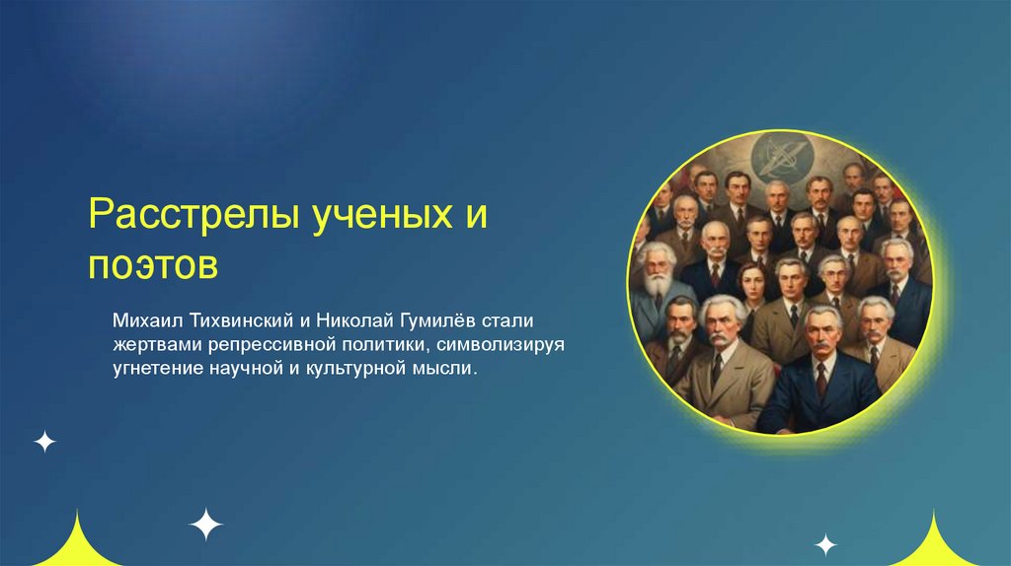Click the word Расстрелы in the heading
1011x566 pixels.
(x=194, y=215)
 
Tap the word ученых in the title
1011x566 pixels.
(x=382, y=215)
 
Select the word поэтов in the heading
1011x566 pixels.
(x=153, y=264)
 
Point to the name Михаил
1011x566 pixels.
(x=148, y=320)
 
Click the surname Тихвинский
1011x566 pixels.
(x=242, y=320)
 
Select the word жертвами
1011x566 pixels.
(x=157, y=345)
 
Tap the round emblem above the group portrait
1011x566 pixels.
(x=783, y=156)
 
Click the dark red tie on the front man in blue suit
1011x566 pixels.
(x=820, y=380)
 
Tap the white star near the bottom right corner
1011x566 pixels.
(x=825, y=544)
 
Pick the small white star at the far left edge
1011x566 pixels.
(x=44, y=442)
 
